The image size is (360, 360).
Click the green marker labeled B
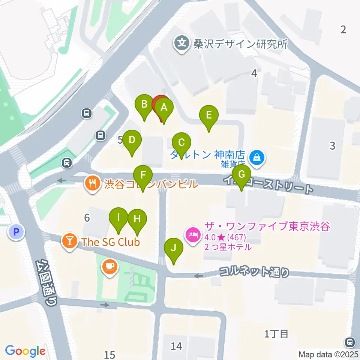click(x=144, y=105)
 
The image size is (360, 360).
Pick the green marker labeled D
click(x=132, y=141)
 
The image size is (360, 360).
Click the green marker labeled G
click(x=241, y=175)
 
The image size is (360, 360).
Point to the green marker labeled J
click(x=173, y=249)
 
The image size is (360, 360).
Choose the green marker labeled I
click(x=118, y=218)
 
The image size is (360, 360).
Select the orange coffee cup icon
click(x=110, y=267)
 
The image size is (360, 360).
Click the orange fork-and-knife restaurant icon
click(x=92, y=184)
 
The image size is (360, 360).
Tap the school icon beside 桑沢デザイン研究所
click(x=181, y=44)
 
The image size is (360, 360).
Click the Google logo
click(x=25, y=351)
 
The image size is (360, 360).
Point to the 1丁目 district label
click(x=276, y=333)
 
